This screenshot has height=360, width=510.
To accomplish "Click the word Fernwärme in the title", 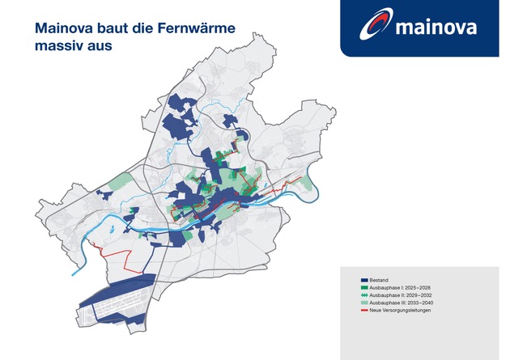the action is [x=197, y=28].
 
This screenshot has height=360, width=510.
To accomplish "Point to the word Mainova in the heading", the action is [x=63, y=28].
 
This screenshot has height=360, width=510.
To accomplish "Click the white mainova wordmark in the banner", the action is [x=436, y=28].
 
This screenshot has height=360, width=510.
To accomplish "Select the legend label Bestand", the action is [x=379, y=280].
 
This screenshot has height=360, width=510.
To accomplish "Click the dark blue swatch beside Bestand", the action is [x=364, y=280].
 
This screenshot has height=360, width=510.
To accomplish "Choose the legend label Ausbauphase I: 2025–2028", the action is [x=400, y=287].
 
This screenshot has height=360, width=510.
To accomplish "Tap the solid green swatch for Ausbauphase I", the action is [x=364, y=287].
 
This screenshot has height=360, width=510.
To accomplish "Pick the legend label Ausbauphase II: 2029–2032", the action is [x=401, y=295].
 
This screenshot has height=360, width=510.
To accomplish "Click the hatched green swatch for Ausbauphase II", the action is [x=364, y=295].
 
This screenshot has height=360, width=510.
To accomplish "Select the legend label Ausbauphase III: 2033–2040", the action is [x=401, y=303].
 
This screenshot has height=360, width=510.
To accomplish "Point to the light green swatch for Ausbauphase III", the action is [x=364, y=303].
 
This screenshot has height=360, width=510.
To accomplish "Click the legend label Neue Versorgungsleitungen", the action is [x=400, y=311].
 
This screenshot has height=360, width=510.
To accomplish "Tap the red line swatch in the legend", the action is [x=364, y=311].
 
